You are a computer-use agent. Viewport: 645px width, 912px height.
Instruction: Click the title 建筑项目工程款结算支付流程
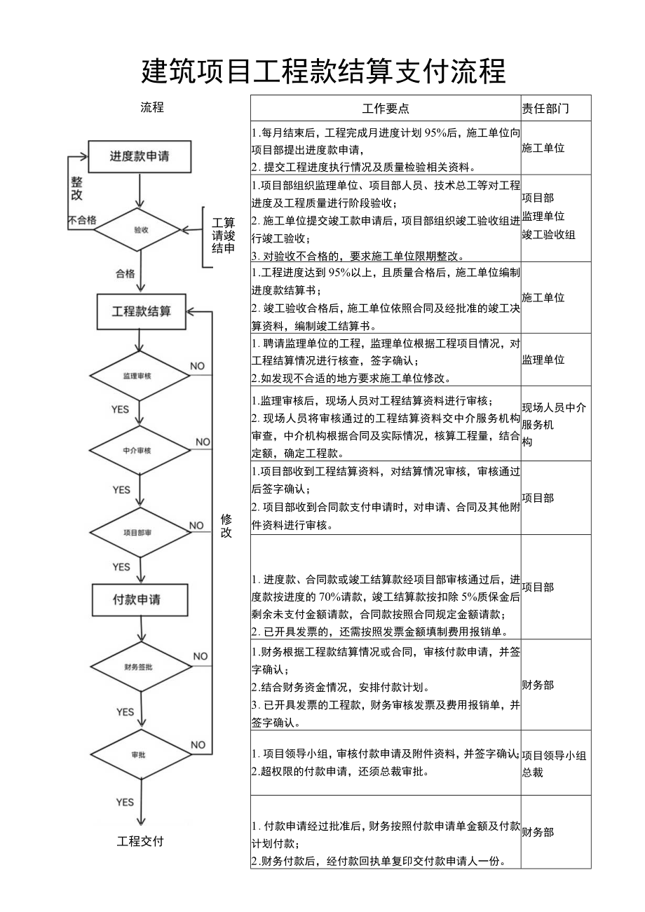(x=323, y=72)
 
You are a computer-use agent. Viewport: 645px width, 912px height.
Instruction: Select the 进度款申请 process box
(x=140, y=156)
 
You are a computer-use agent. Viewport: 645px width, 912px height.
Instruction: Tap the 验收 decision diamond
(x=140, y=229)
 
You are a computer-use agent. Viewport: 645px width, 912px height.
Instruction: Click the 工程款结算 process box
(x=141, y=311)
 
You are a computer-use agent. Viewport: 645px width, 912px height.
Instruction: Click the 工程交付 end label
(x=140, y=841)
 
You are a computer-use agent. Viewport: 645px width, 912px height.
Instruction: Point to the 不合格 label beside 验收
(x=82, y=220)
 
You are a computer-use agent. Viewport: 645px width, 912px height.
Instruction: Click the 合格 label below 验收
(x=125, y=274)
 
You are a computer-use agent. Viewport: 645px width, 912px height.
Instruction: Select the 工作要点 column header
(x=386, y=109)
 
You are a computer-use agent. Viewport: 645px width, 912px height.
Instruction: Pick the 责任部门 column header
(x=545, y=109)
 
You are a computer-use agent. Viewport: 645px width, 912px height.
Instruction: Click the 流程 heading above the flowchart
(x=152, y=107)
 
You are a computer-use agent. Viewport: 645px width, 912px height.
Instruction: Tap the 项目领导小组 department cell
(x=554, y=755)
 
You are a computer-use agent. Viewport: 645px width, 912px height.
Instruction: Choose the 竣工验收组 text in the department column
(x=549, y=234)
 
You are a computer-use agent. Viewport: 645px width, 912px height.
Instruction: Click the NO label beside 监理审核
(x=198, y=366)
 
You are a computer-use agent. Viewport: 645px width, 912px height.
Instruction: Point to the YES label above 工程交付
(x=125, y=802)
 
